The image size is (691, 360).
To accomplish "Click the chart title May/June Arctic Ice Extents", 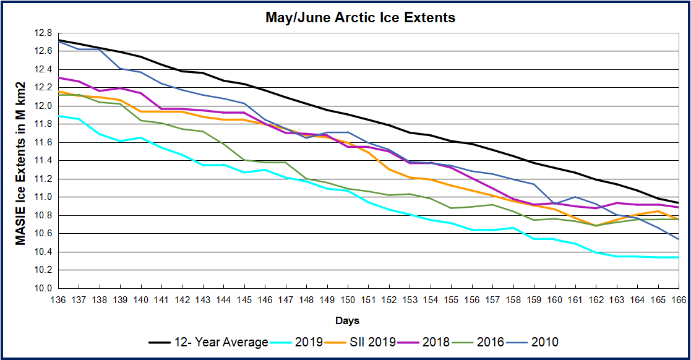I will click(360, 17).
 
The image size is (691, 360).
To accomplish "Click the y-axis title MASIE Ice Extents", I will click(21, 162).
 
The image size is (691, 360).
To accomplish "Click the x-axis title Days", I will click(348, 321).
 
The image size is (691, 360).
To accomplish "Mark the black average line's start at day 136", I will click(58, 40).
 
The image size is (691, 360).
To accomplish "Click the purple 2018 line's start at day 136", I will click(58, 78).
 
